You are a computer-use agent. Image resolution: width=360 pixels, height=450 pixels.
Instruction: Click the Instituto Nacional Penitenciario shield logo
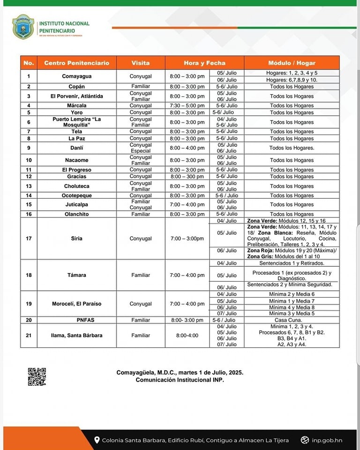point(23,26)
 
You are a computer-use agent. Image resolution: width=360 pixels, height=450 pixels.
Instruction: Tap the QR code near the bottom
point(37,376)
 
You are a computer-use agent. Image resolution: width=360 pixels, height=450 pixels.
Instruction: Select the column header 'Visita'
point(141,63)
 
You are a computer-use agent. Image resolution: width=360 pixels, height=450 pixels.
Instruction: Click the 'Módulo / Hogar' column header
point(292,63)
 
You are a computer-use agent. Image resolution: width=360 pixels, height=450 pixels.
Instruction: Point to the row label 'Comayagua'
point(77,76)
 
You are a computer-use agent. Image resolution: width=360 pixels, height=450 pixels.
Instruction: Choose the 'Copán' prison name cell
point(77,87)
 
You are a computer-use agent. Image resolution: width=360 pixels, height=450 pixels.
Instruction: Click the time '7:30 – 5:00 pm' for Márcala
point(187,106)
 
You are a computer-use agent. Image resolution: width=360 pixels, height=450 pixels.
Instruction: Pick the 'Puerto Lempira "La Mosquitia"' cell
point(77,122)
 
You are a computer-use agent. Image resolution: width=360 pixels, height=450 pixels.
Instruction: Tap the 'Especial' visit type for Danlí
point(141,151)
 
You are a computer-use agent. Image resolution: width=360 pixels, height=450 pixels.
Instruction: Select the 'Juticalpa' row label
point(77,204)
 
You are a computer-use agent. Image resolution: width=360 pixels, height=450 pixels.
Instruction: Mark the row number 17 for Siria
point(29,239)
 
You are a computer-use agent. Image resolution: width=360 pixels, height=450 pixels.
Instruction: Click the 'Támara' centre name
point(77,275)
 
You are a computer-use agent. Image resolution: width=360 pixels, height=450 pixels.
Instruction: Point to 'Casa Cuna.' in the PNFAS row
point(292,320)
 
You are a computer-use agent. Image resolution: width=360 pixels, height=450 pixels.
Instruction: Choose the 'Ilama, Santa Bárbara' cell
point(77,335)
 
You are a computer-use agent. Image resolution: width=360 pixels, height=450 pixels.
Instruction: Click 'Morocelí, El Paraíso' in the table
point(77,304)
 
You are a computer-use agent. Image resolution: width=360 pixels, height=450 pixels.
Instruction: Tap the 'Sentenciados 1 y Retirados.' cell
point(292,263)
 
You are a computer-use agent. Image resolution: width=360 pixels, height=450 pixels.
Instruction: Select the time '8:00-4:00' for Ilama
point(187,335)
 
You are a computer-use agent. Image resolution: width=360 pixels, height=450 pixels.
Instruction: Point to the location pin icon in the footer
point(97,440)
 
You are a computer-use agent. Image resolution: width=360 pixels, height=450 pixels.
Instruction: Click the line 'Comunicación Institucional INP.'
point(180,380)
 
